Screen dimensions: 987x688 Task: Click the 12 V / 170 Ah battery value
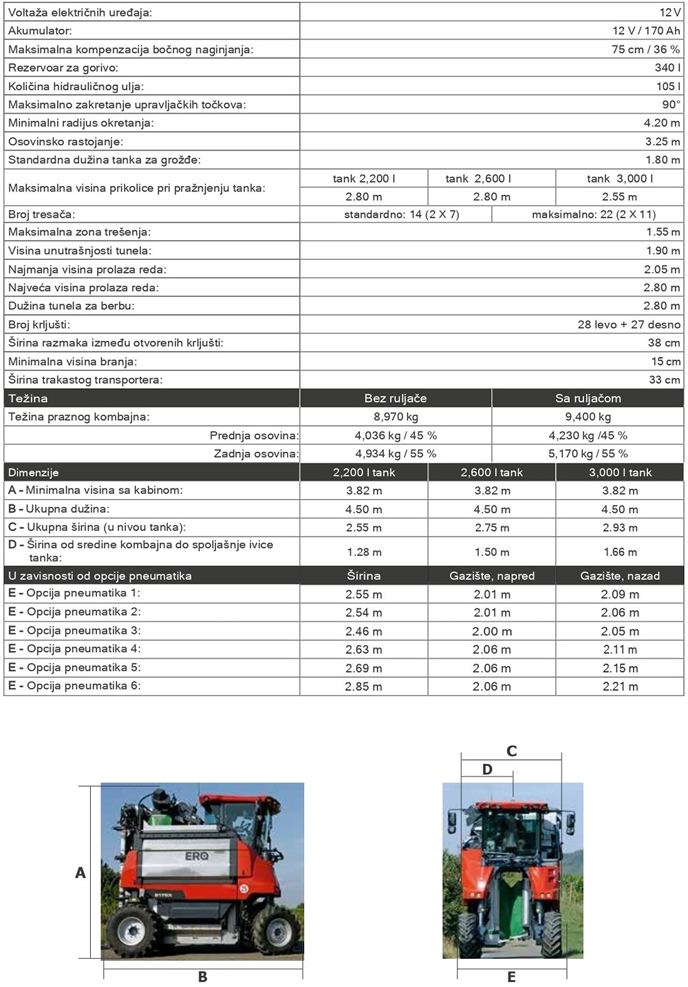[645, 31]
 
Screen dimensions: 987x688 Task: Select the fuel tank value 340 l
[667, 67]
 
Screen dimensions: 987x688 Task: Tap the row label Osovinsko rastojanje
[66, 142]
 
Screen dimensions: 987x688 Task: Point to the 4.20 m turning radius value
[661, 123]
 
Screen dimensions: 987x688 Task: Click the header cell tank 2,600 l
[478, 179]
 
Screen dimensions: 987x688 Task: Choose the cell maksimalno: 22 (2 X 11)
[594, 215]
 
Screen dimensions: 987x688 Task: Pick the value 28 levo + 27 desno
[628, 325]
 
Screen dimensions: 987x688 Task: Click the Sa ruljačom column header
[588, 399]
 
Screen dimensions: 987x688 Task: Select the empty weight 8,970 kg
[396, 417]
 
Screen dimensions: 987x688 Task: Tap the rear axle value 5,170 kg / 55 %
[588, 454]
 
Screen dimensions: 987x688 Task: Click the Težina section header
[28, 399]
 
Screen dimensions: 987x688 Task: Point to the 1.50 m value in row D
[491, 552]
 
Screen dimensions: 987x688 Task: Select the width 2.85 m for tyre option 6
[363, 687]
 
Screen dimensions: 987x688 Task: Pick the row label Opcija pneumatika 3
[83, 631]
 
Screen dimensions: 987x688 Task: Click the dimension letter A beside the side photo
[80, 873]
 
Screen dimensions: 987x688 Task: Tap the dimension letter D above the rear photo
[487, 770]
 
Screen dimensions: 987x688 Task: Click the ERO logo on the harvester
[197, 856]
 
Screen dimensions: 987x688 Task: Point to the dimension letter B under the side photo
[203, 977]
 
